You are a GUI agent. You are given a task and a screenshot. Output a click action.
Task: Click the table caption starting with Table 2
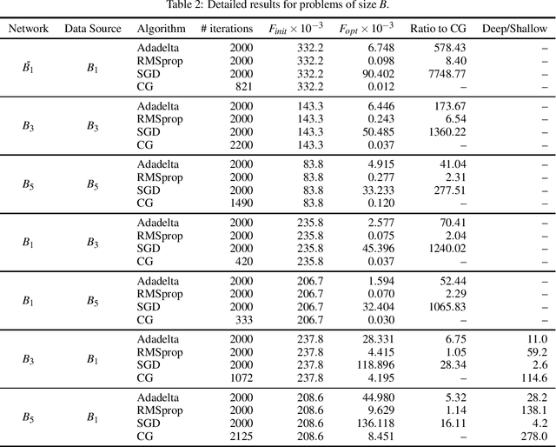(277, 7)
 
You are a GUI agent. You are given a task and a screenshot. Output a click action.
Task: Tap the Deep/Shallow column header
(515, 29)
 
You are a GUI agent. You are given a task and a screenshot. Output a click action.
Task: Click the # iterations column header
(227, 29)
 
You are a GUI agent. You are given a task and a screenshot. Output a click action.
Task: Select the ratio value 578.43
(448, 48)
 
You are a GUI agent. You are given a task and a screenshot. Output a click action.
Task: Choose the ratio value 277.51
(448, 189)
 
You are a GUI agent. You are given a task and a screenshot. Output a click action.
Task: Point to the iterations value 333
(242, 320)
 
